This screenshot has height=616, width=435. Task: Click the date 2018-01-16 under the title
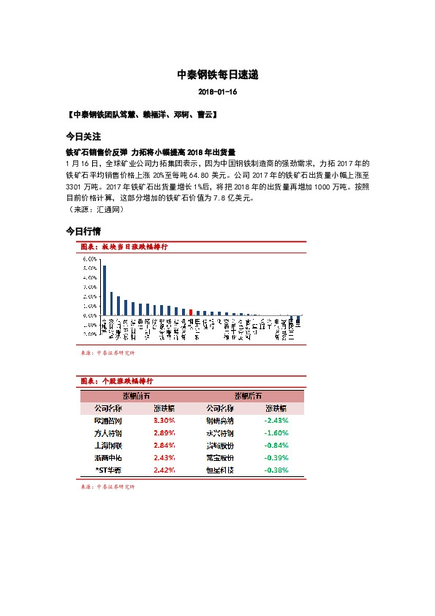[217, 92]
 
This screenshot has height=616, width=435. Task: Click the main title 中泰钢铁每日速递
[217, 75]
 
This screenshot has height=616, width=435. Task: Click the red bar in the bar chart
[191, 313]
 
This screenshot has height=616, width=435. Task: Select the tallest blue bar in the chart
[104, 291]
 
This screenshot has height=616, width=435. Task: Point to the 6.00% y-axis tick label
[89, 259]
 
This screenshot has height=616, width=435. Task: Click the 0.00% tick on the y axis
[89, 315]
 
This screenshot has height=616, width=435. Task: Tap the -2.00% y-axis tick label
[88, 334]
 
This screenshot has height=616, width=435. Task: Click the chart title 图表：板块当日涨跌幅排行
[124, 247]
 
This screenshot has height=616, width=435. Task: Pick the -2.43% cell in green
[276, 421]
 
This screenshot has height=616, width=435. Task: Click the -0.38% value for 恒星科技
[276, 469]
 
